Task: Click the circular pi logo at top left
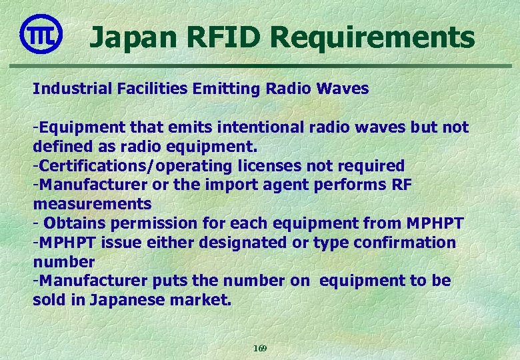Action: (41, 34)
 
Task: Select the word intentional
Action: (270, 127)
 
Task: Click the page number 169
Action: (260, 349)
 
